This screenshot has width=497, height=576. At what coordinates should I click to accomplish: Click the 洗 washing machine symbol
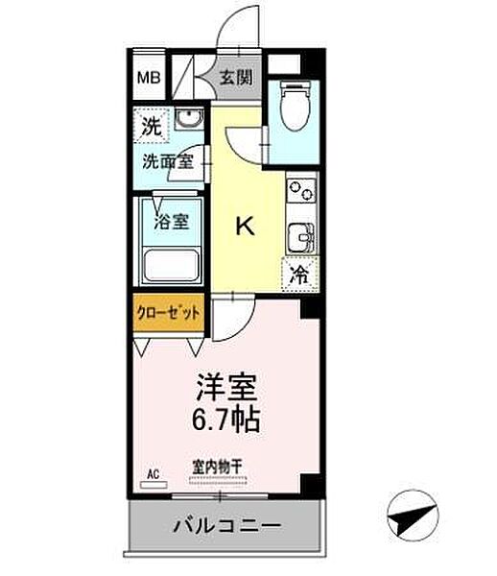coord(152,125)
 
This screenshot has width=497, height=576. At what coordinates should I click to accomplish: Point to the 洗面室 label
coord(168,161)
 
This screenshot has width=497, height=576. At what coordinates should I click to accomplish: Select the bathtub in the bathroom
coord(171,262)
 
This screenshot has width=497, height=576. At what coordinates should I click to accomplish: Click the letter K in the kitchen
coord(245,226)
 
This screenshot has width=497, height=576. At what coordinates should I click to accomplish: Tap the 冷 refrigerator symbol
coord(300,276)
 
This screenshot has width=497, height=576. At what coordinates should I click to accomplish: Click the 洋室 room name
coord(227,388)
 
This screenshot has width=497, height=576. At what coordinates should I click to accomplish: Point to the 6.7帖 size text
coord(227,420)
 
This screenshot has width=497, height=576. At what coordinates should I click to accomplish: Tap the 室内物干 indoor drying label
coord(218,467)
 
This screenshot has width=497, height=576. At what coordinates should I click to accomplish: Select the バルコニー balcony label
coord(226,526)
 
